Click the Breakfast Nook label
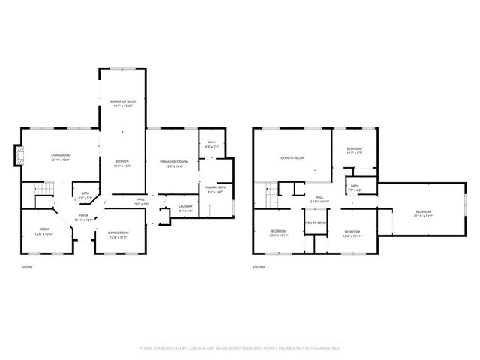pyautogui.click(x=122, y=103)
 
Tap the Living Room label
pyautogui.click(x=61, y=157)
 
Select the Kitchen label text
pyautogui.click(x=122, y=163)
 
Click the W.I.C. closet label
pyautogui.click(x=211, y=145)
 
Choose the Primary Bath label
pyautogui.click(x=215, y=190)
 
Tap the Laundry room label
pyautogui.click(x=185, y=208)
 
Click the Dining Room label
pyautogui.click(x=118, y=234)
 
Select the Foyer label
pyautogui.click(x=84, y=217)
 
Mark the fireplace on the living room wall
pyautogui.click(x=18, y=155)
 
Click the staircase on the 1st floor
pyautogui.click(x=43, y=194)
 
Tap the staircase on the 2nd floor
pyautogui.click(x=271, y=197)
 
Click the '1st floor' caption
pyautogui.click(x=26, y=266)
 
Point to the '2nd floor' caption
pyautogui.click(x=258, y=266)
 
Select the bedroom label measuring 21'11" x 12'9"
pyautogui.click(x=424, y=214)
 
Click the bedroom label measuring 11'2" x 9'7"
pyautogui.click(x=354, y=150)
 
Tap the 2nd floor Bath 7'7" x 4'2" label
pyautogui.click(x=354, y=187)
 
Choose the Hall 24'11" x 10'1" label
pyautogui.click(x=320, y=199)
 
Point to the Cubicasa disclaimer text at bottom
pyautogui.click(x=240, y=348)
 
